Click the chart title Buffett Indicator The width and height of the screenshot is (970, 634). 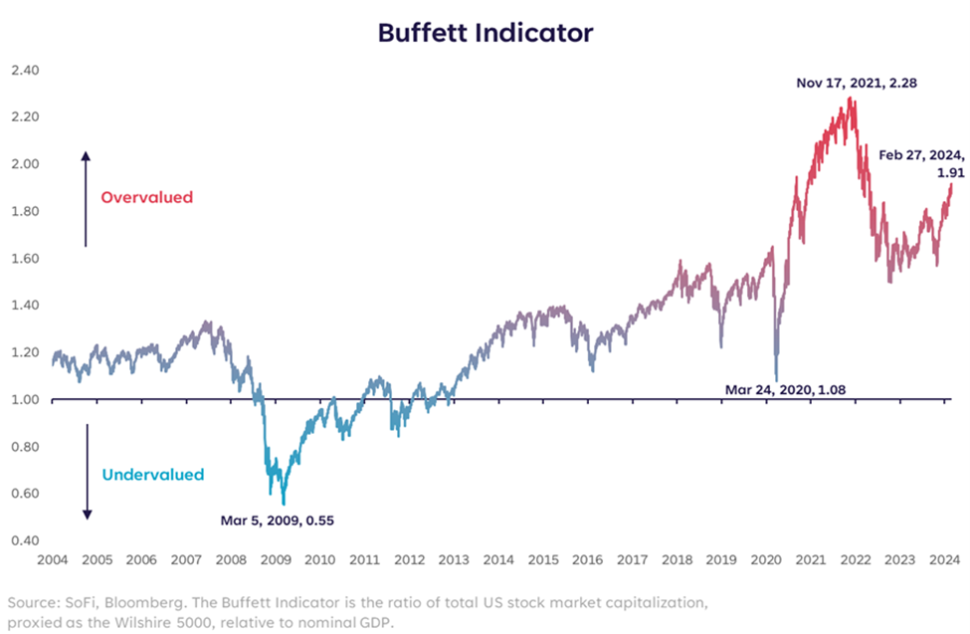point(485,32)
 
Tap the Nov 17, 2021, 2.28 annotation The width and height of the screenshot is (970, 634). point(856,84)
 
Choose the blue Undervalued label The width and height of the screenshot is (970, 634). point(152,475)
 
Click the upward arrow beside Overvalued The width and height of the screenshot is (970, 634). point(86,198)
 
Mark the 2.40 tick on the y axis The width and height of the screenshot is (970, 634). point(24,71)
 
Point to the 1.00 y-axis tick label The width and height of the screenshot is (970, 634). point(24,400)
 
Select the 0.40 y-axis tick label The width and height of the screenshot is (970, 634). point(24,541)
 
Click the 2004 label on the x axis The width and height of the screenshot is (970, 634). point(52,559)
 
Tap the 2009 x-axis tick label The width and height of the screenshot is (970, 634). point(276,559)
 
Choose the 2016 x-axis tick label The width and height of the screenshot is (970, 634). point(589,559)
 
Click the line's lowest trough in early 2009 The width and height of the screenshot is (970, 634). point(284,504)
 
